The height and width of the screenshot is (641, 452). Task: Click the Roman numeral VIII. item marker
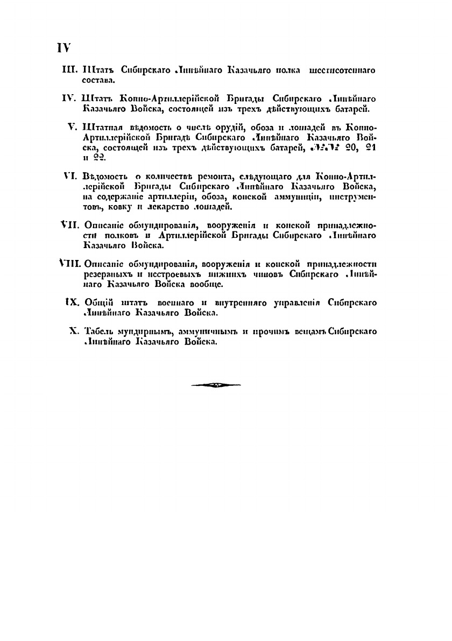[69, 264]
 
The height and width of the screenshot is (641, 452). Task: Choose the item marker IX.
[72, 304]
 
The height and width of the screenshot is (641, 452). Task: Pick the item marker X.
[75, 330]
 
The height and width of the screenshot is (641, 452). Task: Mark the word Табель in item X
[100, 330]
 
